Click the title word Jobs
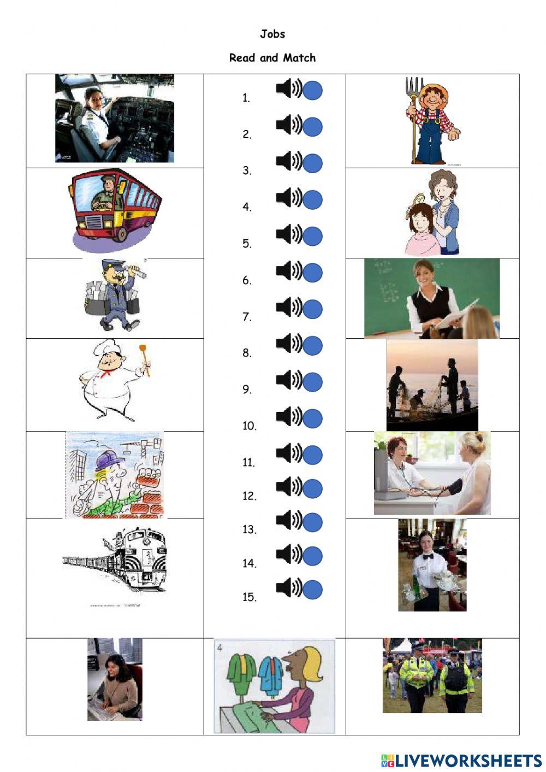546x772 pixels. pyautogui.click(x=272, y=34)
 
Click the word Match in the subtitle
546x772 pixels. pyautogui.click(x=299, y=58)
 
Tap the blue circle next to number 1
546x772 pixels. pyautogui.click(x=312, y=91)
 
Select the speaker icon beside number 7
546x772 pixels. pyautogui.click(x=289, y=308)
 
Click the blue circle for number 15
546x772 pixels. pyautogui.click(x=312, y=590)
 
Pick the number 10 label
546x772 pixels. pyautogui.click(x=249, y=426)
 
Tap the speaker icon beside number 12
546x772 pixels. pyautogui.click(x=289, y=486)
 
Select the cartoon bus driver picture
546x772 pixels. pyautogui.click(x=114, y=210)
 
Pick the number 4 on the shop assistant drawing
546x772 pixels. pyautogui.click(x=220, y=648)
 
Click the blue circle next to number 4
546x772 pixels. pyautogui.click(x=312, y=200)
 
